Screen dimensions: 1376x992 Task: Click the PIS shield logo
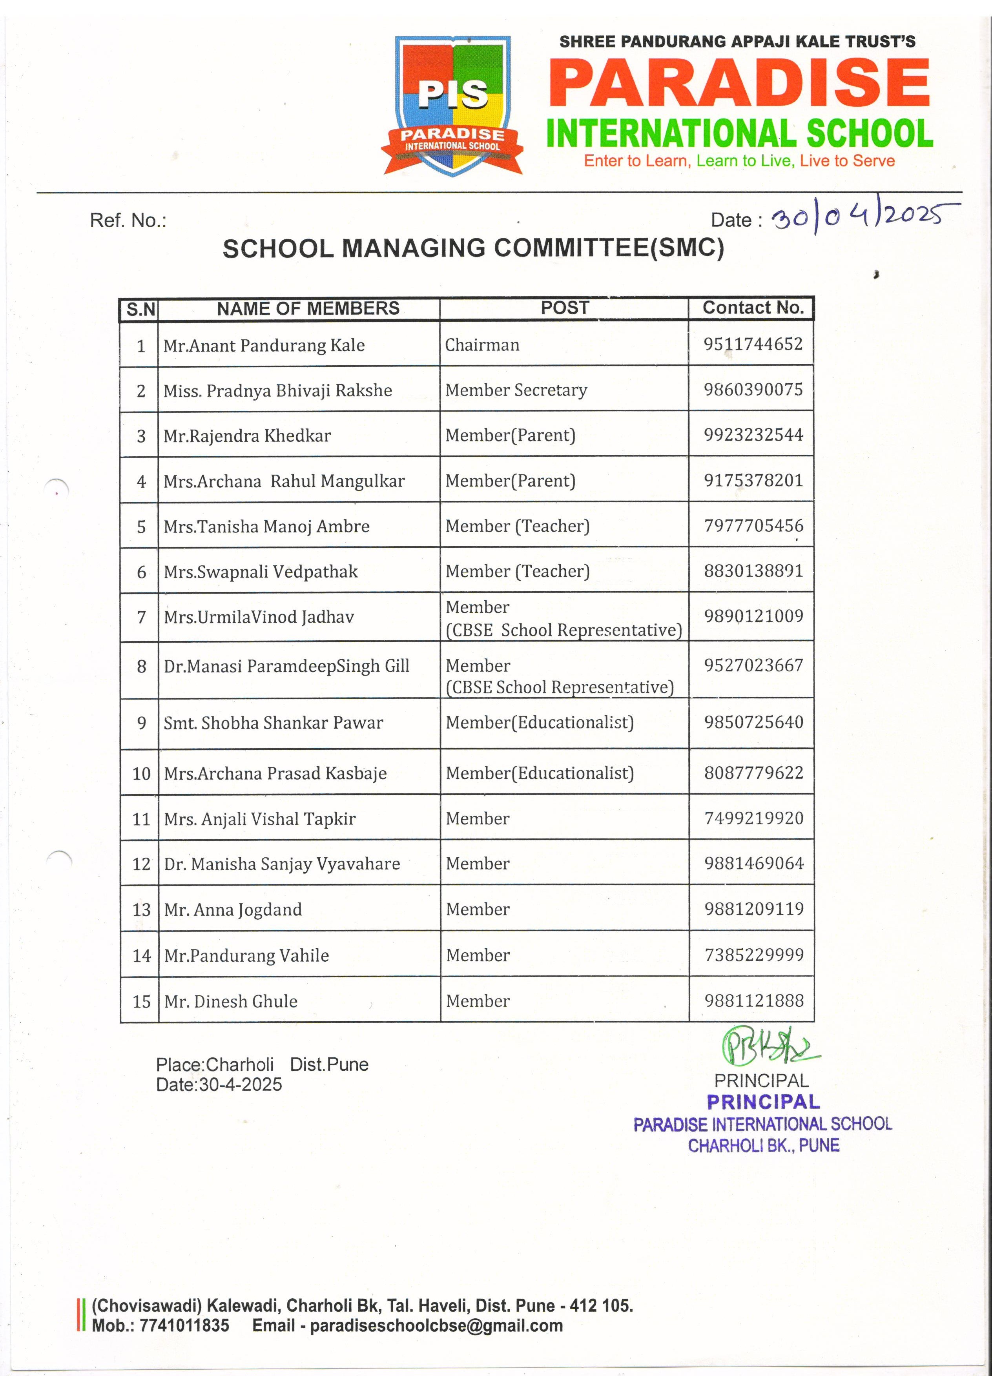(452, 106)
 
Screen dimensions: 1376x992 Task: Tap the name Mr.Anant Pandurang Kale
(264, 345)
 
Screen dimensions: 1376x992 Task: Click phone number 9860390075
(753, 390)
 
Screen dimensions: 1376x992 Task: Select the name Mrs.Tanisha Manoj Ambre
(266, 526)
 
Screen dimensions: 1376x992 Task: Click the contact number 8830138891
(753, 571)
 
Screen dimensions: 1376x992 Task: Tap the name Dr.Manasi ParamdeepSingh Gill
(286, 666)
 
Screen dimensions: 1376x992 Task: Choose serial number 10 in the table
(141, 774)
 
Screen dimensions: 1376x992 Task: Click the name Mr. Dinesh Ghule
(231, 1002)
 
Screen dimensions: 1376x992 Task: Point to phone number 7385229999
(753, 955)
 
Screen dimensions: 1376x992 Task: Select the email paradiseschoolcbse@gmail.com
(436, 1326)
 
